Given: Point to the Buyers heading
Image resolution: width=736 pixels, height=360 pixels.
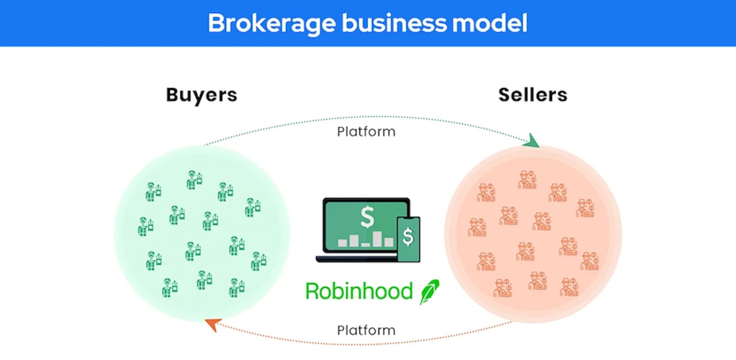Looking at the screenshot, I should pyautogui.click(x=202, y=95).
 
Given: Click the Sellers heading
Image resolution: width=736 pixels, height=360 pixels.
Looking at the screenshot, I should pyautogui.click(x=532, y=95).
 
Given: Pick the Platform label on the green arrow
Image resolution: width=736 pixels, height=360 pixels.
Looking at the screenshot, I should pyautogui.click(x=366, y=132).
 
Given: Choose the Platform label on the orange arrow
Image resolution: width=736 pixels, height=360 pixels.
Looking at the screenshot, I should pyautogui.click(x=366, y=330).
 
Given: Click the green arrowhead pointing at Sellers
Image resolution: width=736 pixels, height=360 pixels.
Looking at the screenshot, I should pyautogui.click(x=532, y=142).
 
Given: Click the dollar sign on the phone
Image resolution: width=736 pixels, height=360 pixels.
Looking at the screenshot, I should pyautogui.click(x=409, y=237).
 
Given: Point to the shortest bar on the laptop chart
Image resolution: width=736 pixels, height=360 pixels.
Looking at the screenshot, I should pyautogui.click(x=366, y=244).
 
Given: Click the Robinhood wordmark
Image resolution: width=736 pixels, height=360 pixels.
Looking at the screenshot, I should pyautogui.click(x=359, y=290).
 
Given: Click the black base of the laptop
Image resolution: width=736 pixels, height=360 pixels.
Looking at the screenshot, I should pyautogui.click(x=356, y=258).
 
